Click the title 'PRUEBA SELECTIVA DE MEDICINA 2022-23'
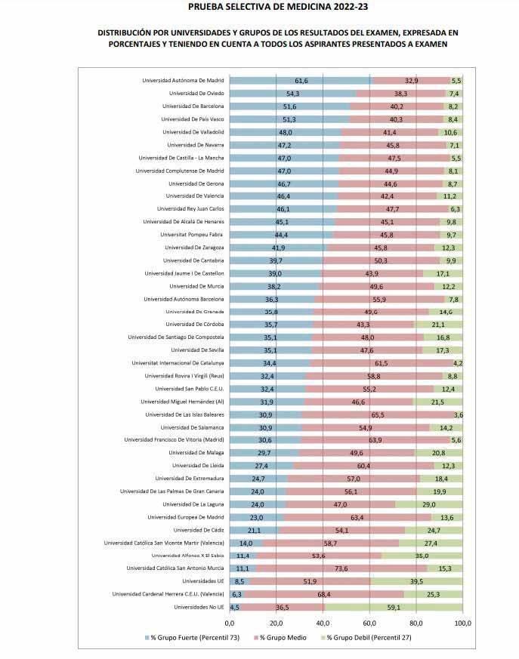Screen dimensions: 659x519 (x=258, y=8)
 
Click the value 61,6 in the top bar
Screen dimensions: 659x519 (x=301, y=81)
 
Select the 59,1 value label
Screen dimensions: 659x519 (x=394, y=607)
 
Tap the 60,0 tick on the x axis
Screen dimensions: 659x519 (x=369, y=623)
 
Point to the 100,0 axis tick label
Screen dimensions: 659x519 (x=462, y=623)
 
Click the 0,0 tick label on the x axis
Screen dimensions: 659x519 (x=230, y=623)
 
